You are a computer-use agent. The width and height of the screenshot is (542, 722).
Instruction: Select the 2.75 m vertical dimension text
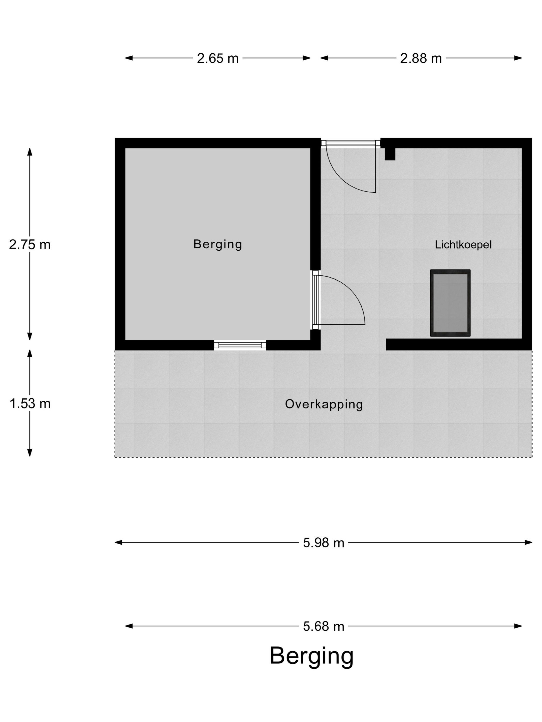30,244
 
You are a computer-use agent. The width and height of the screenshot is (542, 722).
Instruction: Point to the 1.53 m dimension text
30,404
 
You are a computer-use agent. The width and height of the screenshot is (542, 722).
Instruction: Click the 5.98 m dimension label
323,543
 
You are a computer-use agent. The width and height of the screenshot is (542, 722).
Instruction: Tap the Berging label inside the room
218,244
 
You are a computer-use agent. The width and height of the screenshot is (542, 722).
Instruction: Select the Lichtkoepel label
463,244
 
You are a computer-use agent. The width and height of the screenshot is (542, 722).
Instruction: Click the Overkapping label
324,404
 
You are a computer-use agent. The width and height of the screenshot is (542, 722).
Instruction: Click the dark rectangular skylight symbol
450,303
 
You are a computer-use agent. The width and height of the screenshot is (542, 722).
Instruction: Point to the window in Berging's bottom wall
240,345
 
